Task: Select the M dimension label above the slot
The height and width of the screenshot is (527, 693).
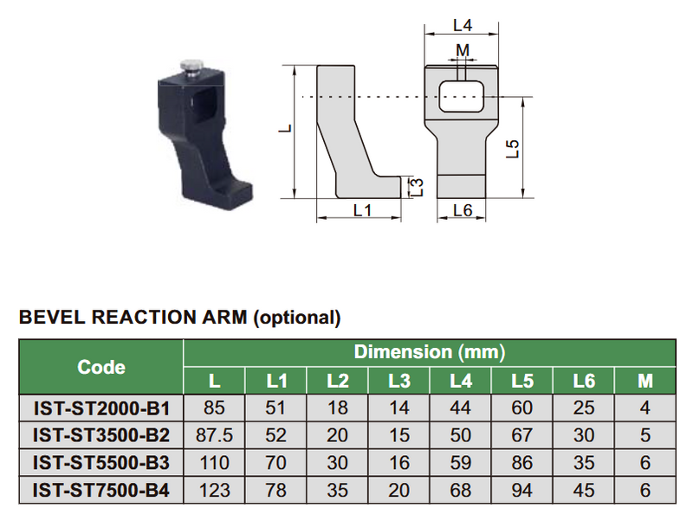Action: tap(463, 50)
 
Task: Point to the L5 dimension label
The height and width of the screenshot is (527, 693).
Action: tap(513, 148)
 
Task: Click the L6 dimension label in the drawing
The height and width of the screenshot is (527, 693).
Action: tap(462, 211)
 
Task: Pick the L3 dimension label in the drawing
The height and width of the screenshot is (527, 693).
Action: tap(416, 186)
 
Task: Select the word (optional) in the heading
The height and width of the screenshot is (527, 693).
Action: tap(296, 318)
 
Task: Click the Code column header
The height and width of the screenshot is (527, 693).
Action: tap(101, 367)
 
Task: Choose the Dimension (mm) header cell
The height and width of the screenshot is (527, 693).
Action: tap(430, 352)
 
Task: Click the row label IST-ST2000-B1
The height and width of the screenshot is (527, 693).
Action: tap(101, 408)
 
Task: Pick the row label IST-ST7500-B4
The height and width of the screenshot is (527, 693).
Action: tap(101, 491)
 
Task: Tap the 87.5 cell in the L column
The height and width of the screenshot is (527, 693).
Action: tap(214, 435)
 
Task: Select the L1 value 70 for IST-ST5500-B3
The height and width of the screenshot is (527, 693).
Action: tap(275, 463)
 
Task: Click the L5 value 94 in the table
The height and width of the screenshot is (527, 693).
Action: tap(522, 491)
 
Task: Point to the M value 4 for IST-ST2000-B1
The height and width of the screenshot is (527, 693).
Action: tap(644, 408)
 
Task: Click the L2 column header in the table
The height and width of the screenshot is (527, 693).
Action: tap(337, 381)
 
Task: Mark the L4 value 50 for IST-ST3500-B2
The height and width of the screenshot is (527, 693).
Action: tap(461, 435)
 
